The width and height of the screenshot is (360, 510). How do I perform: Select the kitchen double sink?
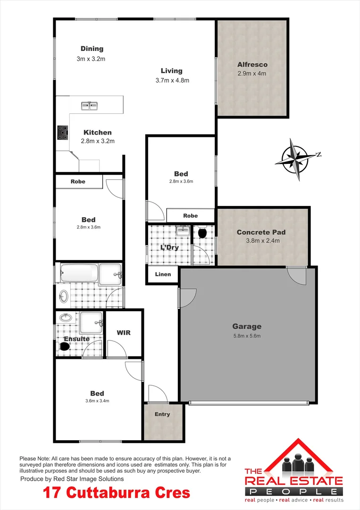click(x=89, y=105)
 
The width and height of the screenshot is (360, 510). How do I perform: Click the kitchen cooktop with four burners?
click(x=62, y=133)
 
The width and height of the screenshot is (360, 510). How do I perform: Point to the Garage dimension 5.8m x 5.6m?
click(x=246, y=336)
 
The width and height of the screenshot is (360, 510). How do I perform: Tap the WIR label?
click(x=123, y=332)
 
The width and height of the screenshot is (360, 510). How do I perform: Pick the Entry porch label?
click(x=162, y=414)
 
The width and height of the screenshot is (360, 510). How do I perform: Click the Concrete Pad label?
click(x=261, y=232)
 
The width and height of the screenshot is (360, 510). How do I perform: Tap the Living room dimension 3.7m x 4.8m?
click(x=172, y=80)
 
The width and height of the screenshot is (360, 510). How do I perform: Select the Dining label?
click(x=92, y=49)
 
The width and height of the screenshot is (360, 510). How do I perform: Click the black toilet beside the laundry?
click(x=203, y=232)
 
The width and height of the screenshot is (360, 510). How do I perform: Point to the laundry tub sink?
click(x=182, y=231)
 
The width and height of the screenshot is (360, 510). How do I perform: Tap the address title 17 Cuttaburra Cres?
click(x=117, y=493)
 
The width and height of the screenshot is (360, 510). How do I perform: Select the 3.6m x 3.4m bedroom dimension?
click(x=97, y=401)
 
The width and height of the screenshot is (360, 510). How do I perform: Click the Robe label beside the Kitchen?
click(x=78, y=181)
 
